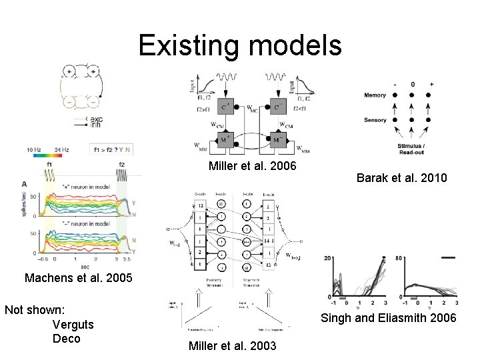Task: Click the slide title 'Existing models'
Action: [240, 46]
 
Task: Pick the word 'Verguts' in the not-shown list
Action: [72, 324]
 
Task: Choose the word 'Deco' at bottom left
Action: [65, 338]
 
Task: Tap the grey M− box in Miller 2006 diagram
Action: [279, 140]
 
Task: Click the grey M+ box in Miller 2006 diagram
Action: [225, 140]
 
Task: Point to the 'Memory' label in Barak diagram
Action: [375, 95]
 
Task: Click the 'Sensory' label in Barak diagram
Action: [375, 120]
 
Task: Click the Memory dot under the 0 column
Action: [413, 95]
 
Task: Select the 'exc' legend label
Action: [96, 118]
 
